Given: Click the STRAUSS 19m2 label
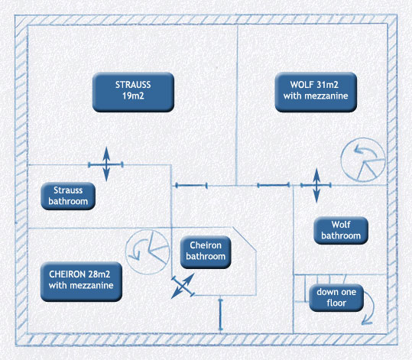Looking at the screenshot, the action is [x=133, y=92].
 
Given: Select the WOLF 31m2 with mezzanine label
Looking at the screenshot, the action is [x=316, y=92].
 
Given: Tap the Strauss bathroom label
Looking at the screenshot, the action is [x=68, y=196].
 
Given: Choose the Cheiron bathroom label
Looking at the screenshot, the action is [x=206, y=252].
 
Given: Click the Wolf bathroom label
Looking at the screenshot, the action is [x=341, y=231].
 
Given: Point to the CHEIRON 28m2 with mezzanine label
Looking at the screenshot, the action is [x=81, y=281].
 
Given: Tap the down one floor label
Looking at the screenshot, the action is [x=336, y=298].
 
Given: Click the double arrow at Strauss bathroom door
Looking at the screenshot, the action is [x=106, y=164].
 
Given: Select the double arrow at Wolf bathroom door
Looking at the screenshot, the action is [x=316, y=186].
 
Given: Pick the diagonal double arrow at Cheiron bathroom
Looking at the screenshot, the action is [x=183, y=286].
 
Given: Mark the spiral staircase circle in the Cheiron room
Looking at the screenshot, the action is [x=125, y=251].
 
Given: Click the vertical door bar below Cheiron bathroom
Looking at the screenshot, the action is [x=221, y=315].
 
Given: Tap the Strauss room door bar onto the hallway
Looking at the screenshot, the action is [x=191, y=186].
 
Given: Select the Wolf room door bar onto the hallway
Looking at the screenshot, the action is [x=274, y=185].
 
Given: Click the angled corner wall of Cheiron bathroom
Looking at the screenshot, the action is [x=244, y=239].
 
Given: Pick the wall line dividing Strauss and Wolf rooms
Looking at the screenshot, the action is [x=237, y=105].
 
